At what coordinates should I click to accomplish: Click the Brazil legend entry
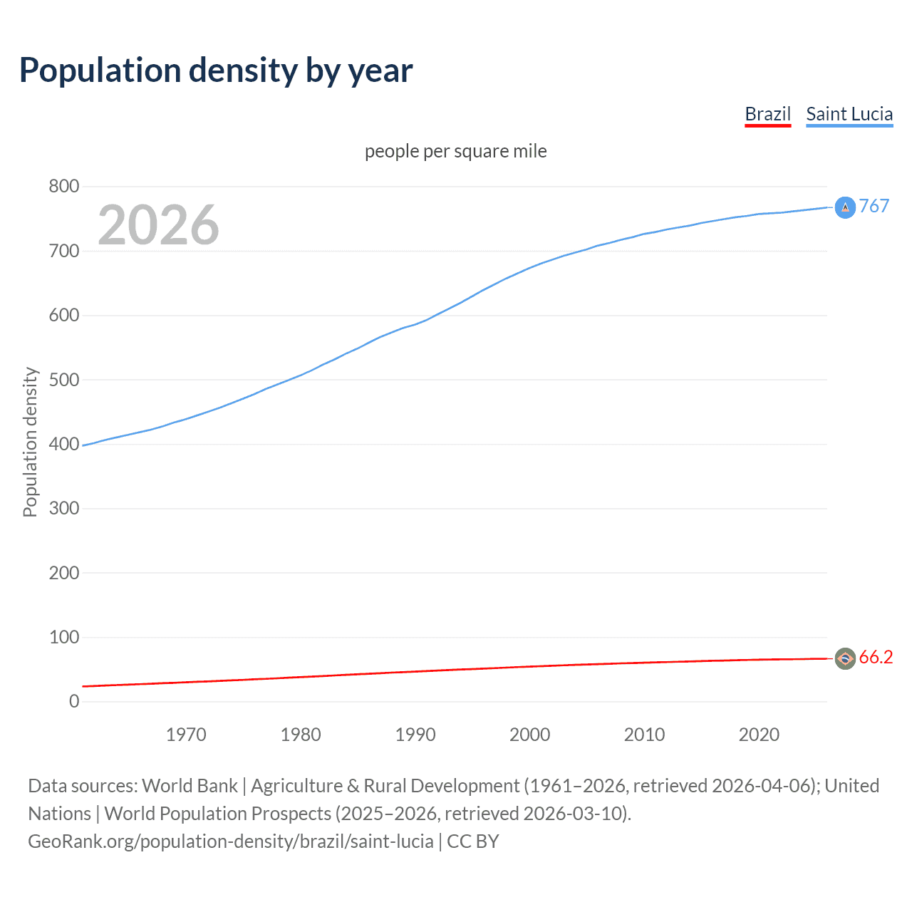pos(767,114)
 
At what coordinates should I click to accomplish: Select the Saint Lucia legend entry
pos(849,114)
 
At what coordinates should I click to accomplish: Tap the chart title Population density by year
pos(216,71)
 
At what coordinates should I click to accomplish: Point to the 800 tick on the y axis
pos(63,187)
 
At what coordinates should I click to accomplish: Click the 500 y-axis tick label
pos(63,380)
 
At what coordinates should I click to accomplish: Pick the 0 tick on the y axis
pos(74,701)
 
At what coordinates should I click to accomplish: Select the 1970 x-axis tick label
pos(186,735)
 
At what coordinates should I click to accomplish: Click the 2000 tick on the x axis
pos(529,735)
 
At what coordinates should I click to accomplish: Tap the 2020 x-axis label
pos(759,735)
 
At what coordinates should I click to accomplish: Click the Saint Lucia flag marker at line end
pos(845,207)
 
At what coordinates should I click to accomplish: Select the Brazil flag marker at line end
pos(845,659)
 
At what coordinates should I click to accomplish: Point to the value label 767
pos(874,206)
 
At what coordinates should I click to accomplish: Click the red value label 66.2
pos(876,658)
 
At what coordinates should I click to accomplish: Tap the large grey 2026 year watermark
pos(158,225)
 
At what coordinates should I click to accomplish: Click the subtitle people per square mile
pos(456,151)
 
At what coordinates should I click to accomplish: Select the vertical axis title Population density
pos(30,442)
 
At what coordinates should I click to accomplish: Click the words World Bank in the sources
pos(190,786)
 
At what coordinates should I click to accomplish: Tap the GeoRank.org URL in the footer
pos(230,841)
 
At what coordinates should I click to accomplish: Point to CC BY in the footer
pos(473,841)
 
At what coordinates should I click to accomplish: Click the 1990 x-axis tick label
pos(415,735)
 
